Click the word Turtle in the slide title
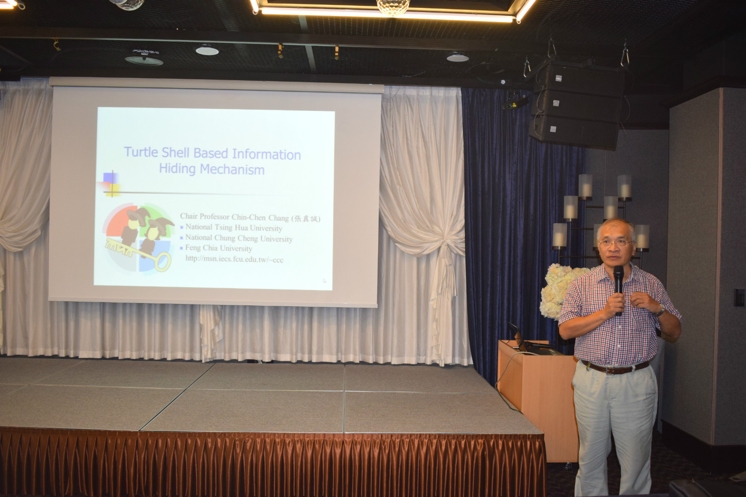click(141, 152)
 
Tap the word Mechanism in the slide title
click(232, 170)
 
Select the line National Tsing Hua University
click(234, 228)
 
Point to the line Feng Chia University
click(219, 248)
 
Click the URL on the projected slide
click(234, 259)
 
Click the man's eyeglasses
click(615, 243)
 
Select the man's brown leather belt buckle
click(611, 369)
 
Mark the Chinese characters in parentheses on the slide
click(306, 219)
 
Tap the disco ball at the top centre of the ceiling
click(393, 7)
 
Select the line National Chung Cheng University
click(239, 238)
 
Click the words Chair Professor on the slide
click(205, 216)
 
